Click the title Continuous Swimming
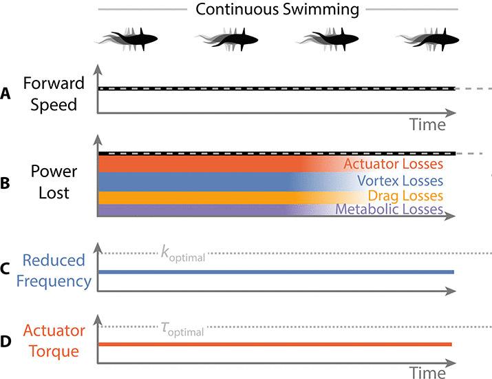[277, 10]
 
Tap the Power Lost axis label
[54, 183]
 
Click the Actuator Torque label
[53, 341]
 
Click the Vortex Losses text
[400, 181]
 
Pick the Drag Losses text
[405, 196]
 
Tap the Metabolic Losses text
[389, 209]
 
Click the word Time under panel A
[427, 125]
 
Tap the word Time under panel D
[427, 373]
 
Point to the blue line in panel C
[275, 272]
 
